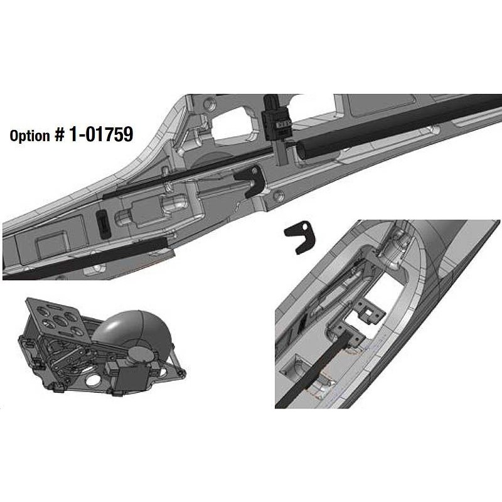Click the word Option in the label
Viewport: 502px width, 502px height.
29,136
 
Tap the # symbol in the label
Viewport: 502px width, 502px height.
59,136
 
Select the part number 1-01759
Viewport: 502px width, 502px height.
100,134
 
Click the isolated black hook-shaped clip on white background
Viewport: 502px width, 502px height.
300,237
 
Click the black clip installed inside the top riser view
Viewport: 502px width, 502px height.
250,181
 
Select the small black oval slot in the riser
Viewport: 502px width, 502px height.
103,224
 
